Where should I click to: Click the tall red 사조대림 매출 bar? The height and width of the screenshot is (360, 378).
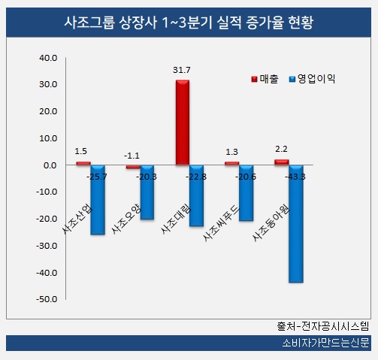tap(182, 123)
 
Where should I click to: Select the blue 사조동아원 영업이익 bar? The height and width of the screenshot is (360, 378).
tap(296, 224)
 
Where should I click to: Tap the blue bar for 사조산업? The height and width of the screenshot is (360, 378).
tap(98, 200)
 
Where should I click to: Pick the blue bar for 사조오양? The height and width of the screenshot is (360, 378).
tap(147, 192)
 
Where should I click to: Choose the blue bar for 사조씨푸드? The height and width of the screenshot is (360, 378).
tap(246, 193)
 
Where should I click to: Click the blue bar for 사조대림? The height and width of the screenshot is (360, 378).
tap(197, 195)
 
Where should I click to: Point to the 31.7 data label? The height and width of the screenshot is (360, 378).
tap(181, 70)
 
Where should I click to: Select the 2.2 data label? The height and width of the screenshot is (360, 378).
tap(281, 150)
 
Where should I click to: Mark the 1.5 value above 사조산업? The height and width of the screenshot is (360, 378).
tap(81, 151)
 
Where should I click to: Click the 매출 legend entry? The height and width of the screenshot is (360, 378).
tap(264, 77)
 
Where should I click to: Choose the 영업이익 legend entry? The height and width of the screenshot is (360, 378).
tap(310, 77)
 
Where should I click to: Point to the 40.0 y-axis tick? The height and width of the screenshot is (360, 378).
tap(49, 58)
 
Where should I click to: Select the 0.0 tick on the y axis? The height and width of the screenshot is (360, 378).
tap(51, 165)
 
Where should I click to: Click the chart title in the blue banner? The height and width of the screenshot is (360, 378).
tap(188, 23)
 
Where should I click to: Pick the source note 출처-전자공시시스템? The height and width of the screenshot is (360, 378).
tap(323, 327)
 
